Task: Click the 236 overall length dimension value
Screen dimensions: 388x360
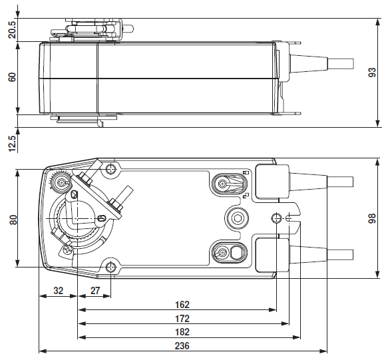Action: point(182,345)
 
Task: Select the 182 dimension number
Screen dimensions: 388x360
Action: point(182,332)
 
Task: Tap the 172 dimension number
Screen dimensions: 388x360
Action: point(182,318)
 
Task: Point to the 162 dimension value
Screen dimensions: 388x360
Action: point(182,304)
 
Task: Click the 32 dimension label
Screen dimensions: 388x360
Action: point(59,291)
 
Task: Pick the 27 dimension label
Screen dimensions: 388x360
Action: point(95,291)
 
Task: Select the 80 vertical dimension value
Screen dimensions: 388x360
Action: point(13,220)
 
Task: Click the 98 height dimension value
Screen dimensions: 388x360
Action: point(372,218)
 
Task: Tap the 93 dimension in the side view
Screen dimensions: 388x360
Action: point(372,73)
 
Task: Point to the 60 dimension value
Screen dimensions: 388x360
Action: point(12,77)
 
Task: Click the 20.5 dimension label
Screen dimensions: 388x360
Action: point(12,30)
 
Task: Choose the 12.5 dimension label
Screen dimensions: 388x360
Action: point(12,144)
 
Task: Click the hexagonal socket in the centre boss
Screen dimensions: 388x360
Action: point(237,218)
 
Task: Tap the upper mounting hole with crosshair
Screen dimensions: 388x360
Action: point(110,169)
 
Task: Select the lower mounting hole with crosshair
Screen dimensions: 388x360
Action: point(110,267)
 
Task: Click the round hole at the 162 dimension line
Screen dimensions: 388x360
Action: point(276,218)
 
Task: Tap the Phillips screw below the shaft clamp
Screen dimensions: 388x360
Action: point(67,250)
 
